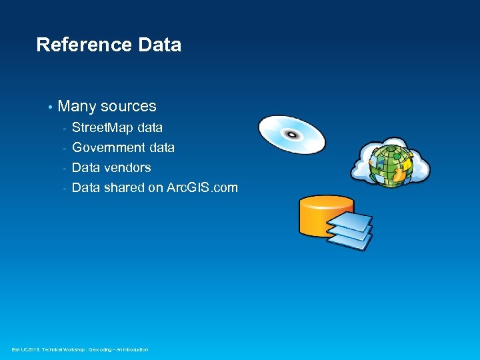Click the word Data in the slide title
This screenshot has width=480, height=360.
coord(159,45)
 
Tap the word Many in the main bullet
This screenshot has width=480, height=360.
coord(77,107)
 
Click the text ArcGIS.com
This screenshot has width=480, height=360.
coord(202,187)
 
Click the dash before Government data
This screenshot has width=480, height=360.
coord(65,148)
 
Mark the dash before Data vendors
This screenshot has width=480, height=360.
coord(65,168)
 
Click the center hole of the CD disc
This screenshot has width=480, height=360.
coord(291,135)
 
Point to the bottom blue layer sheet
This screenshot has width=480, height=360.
coord(350,241)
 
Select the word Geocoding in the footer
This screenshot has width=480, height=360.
coord(103,349)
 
